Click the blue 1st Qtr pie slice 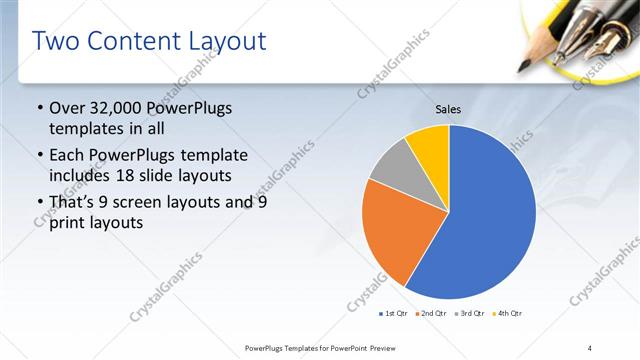[480, 220]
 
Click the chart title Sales [447, 109]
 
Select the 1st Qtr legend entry [395, 313]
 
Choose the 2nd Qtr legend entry [432, 313]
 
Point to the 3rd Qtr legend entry [470, 313]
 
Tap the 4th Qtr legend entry [507, 313]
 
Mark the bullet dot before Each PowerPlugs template [39, 156]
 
